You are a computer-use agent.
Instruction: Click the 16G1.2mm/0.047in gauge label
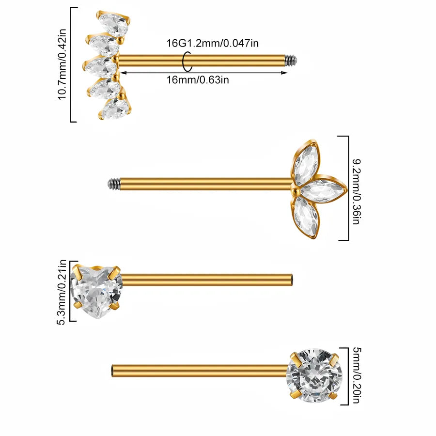[213, 43]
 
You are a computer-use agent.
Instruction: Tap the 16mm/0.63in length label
[198, 80]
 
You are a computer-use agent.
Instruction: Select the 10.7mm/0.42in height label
[62, 64]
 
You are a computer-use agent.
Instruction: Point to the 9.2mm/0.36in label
[356, 191]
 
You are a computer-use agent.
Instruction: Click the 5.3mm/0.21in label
[61, 292]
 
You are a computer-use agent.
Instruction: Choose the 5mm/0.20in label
[356, 375]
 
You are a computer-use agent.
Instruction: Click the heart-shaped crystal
[96, 291]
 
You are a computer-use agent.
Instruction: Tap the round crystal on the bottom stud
[314, 375]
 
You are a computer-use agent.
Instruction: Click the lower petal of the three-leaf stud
[305, 217]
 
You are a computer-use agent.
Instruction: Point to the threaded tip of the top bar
[292, 60]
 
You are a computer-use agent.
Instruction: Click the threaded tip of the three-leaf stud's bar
[113, 184]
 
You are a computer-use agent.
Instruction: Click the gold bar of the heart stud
[206, 280]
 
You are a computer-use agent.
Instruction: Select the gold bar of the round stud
[200, 371]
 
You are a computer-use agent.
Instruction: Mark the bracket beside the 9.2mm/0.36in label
[348, 188]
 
